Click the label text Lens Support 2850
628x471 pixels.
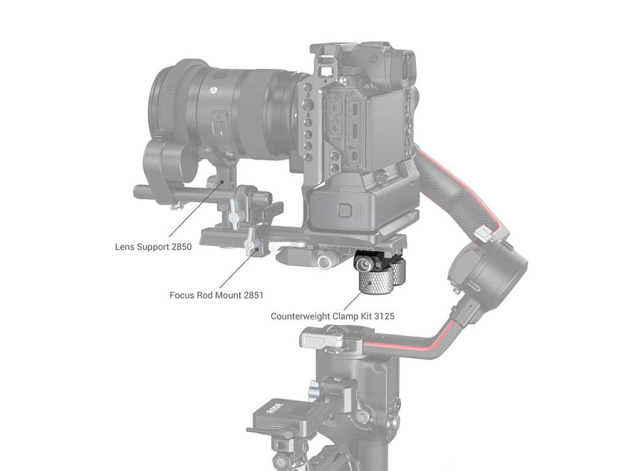pyautogui.click(x=153, y=247)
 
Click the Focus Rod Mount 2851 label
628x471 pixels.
pyautogui.click(x=216, y=296)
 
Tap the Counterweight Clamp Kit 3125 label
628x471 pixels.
pyautogui.click(x=332, y=316)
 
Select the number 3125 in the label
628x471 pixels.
pyautogui.click(x=384, y=316)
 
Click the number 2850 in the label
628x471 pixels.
pyautogui.click(x=182, y=247)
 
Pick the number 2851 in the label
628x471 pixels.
pyautogui.click(x=253, y=296)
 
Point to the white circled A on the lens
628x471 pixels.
pyautogui.click(x=213, y=91)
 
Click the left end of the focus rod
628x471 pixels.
pyautogui.click(x=136, y=190)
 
